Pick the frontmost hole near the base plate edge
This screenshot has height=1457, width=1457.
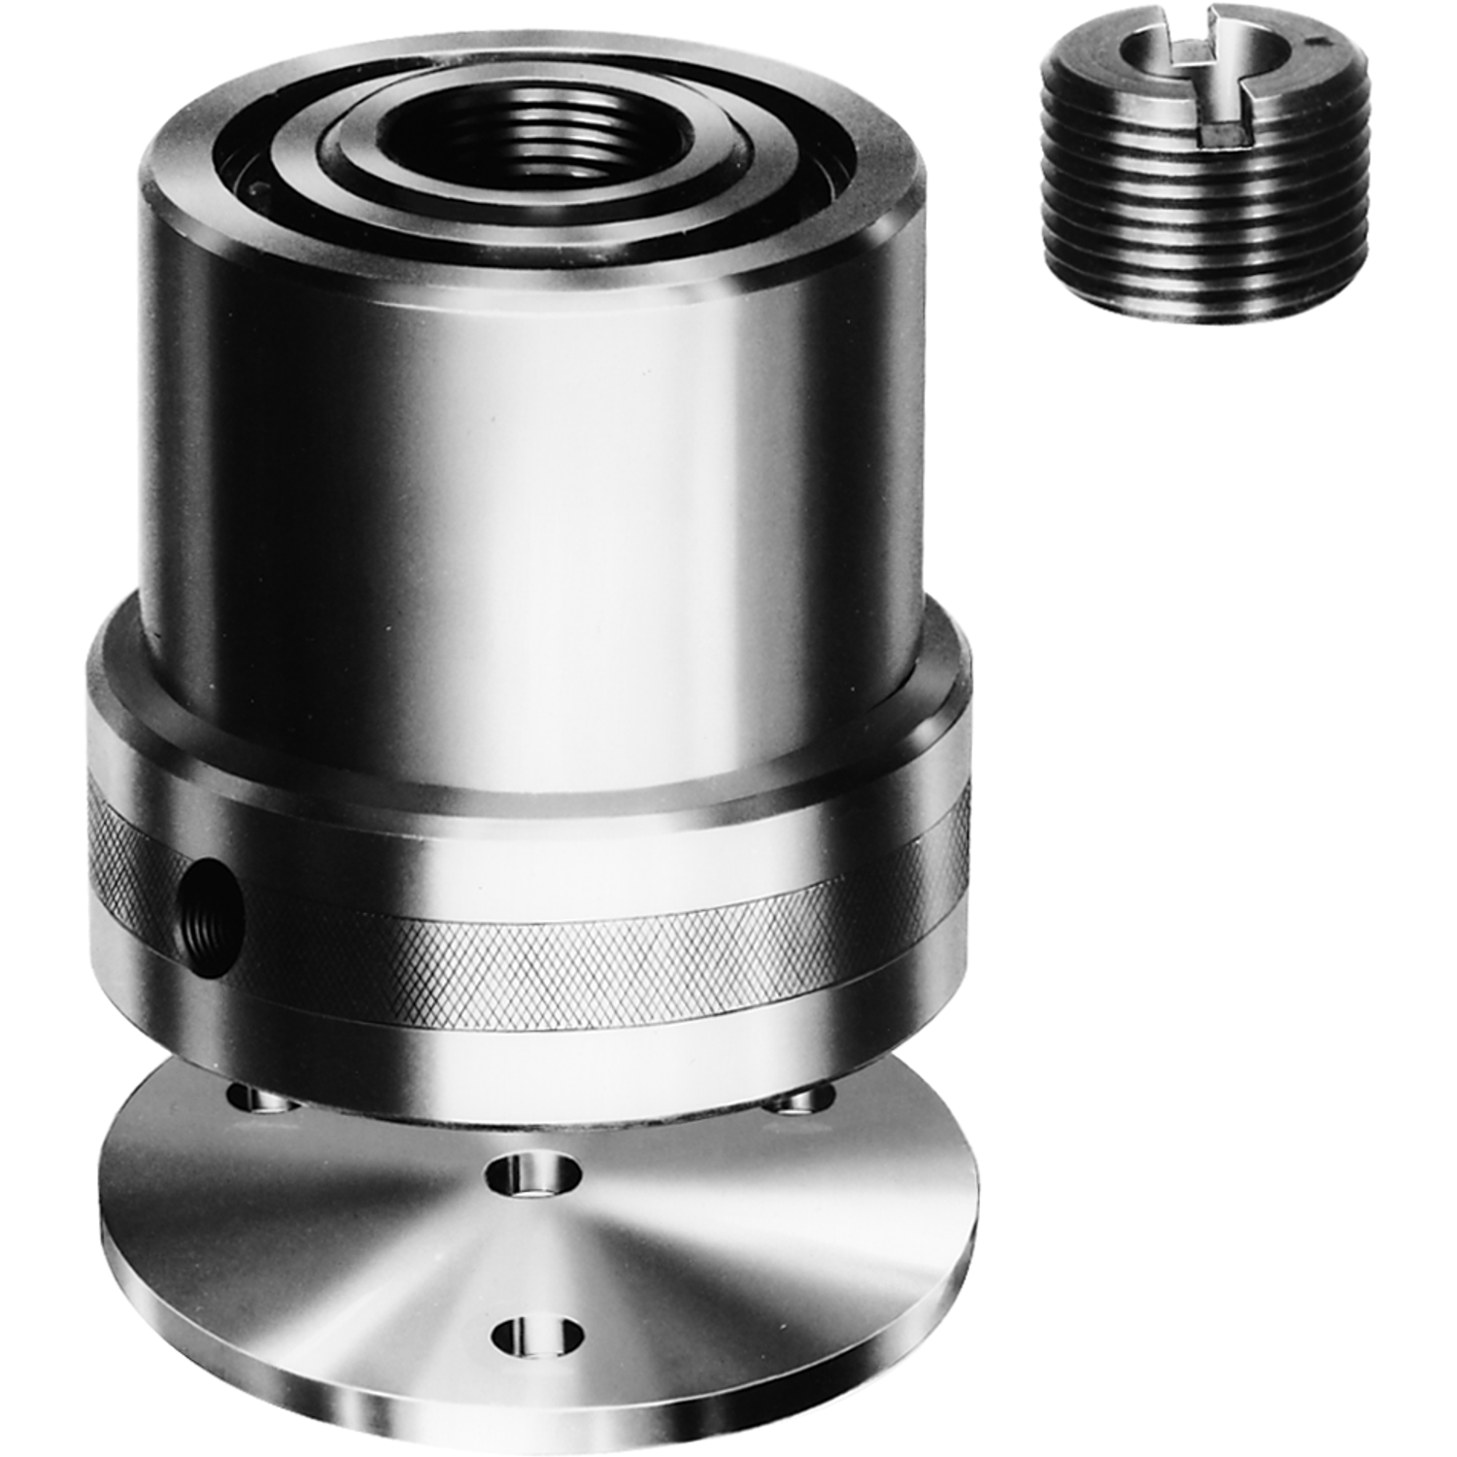[x=537, y=1337]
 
